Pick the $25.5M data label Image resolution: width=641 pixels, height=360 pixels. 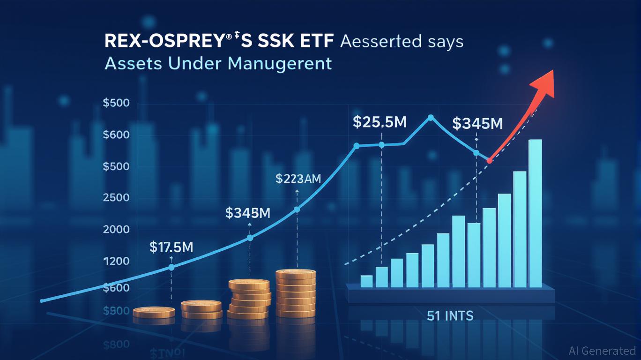pyautogui.click(x=380, y=123)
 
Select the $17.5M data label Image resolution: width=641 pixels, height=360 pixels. pyautogui.click(x=171, y=247)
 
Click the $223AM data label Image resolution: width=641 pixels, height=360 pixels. pyautogui.click(x=298, y=179)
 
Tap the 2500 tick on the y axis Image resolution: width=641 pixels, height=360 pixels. pyautogui.click(x=116, y=198)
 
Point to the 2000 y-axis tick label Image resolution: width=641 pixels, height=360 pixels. pyautogui.click(x=116, y=230)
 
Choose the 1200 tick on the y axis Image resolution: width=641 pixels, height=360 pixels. pyautogui.click(x=116, y=261)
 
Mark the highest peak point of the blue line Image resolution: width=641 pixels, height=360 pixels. pyautogui.click(x=431, y=118)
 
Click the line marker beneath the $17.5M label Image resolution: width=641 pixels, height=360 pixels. pyautogui.click(x=171, y=267)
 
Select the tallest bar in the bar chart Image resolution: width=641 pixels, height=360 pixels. pyautogui.click(x=535, y=213)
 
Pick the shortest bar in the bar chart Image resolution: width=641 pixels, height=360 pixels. pyautogui.click(x=366, y=281)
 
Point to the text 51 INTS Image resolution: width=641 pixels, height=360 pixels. pyautogui.click(x=450, y=316)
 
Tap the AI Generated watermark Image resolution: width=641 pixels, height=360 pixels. pyautogui.click(x=602, y=351)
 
